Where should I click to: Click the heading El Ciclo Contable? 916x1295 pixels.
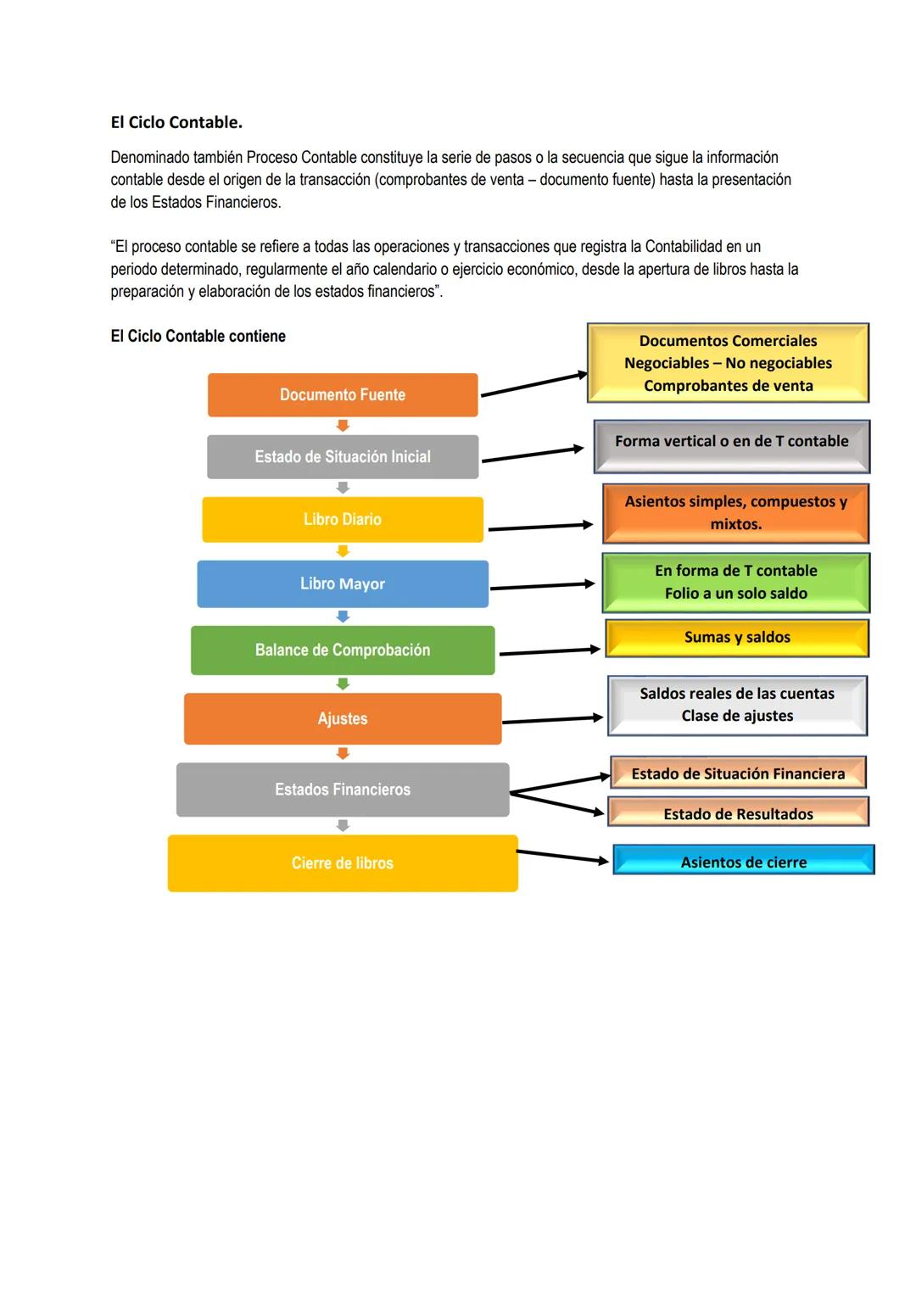click(176, 122)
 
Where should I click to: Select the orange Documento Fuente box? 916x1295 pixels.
click(343, 395)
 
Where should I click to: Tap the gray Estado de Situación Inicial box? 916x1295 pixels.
click(343, 457)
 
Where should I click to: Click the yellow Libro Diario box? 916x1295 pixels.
click(343, 520)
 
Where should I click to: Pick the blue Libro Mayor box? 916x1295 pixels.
click(343, 584)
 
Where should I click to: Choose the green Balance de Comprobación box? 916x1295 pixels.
click(343, 650)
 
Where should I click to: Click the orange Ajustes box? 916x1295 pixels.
click(343, 719)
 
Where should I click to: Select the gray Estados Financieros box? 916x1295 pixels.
click(343, 790)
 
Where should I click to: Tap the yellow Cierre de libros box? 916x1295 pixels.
click(343, 863)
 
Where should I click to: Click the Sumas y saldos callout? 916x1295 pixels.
click(737, 638)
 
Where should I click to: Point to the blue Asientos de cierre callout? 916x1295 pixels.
click(743, 861)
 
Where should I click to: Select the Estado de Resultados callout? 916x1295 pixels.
click(738, 812)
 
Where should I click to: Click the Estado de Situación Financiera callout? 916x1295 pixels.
click(738, 773)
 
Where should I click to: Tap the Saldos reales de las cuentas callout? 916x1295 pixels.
click(737, 705)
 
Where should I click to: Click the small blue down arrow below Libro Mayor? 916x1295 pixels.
click(343, 617)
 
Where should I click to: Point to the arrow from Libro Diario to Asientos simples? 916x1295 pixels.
click(540, 527)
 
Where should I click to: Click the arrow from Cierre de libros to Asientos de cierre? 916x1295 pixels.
click(562, 857)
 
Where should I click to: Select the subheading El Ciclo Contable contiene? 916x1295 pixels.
click(198, 337)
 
